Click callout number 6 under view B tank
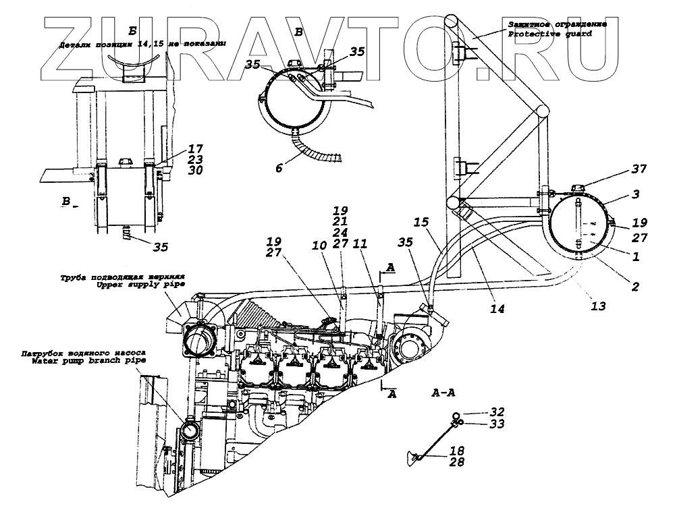(x=278, y=168)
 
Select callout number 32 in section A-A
(x=498, y=412)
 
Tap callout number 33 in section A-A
(x=498, y=424)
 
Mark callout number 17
(x=195, y=148)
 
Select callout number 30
(x=195, y=171)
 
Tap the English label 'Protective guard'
(x=549, y=34)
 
